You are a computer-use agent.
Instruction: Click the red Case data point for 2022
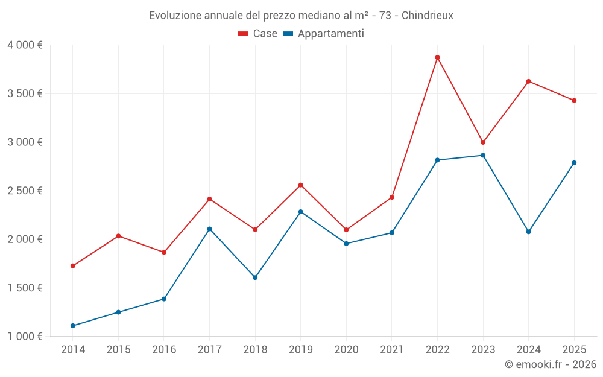click(x=437, y=57)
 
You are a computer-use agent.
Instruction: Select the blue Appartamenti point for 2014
click(x=73, y=326)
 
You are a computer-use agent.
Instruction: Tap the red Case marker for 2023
click(x=483, y=142)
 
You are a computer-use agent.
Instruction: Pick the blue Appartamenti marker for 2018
click(x=255, y=277)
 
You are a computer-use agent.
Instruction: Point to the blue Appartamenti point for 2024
click(x=528, y=232)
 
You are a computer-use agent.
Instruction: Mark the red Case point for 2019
click(x=300, y=185)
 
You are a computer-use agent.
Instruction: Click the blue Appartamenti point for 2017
click(x=209, y=229)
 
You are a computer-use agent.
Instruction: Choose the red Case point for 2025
click(x=574, y=101)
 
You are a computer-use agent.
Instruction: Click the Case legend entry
click(x=258, y=34)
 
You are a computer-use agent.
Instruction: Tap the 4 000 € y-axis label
click(x=25, y=45)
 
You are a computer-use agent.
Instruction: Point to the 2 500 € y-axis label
click(x=25, y=191)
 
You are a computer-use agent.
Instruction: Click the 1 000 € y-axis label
click(x=25, y=337)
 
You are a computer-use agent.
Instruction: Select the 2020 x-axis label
click(x=346, y=349)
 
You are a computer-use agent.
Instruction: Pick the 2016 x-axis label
click(x=164, y=349)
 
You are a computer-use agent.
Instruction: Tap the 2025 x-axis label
click(x=574, y=349)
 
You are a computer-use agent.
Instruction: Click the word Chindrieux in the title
click(x=426, y=15)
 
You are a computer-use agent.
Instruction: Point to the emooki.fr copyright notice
click(x=550, y=364)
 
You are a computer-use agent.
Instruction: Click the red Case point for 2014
click(x=73, y=265)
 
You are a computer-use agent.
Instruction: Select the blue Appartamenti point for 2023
click(x=483, y=155)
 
